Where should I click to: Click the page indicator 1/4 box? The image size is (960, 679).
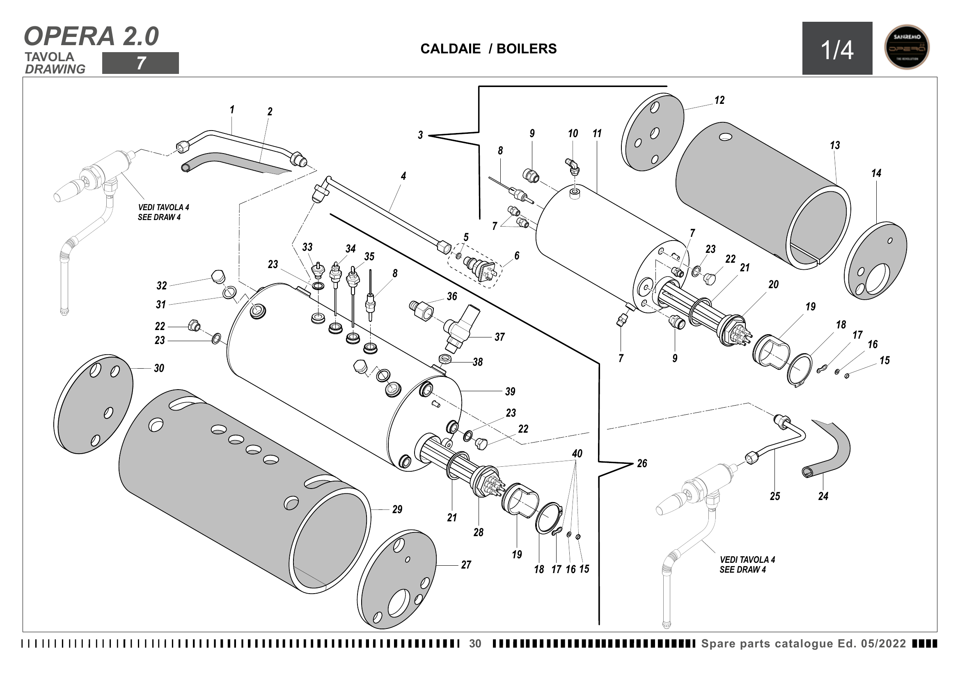[836, 48]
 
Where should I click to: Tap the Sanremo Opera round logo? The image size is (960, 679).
[907, 47]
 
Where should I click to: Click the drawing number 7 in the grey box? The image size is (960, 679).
[140, 63]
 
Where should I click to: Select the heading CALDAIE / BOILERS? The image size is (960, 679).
[488, 49]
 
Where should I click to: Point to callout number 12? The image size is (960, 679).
[719, 100]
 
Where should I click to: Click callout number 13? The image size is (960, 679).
[834, 145]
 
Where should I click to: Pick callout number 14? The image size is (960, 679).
[876, 173]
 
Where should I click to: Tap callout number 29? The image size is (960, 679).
[397, 509]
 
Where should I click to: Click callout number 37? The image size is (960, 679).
[499, 337]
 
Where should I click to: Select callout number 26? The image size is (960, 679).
[642, 463]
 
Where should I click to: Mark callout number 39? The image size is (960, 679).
[510, 392]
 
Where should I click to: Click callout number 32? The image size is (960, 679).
[161, 286]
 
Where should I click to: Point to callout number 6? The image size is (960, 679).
[517, 256]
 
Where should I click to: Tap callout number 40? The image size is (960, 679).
[577, 454]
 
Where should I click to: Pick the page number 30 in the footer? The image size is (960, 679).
[475, 643]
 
